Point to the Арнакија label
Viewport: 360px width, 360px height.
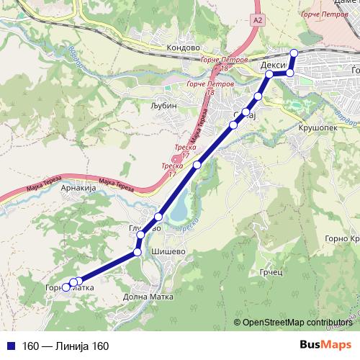[x=78, y=187]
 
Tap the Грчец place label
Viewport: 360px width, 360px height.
[x=270, y=274]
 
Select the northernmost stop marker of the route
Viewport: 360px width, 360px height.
[x=294, y=52]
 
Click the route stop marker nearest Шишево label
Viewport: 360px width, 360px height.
[x=138, y=253]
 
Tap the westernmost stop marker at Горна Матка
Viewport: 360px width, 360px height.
[x=66, y=287]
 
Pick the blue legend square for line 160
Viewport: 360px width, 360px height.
[x=11, y=346]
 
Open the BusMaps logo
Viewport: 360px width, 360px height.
[x=325, y=346]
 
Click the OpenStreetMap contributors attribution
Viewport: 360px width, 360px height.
[x=297, y=323]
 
